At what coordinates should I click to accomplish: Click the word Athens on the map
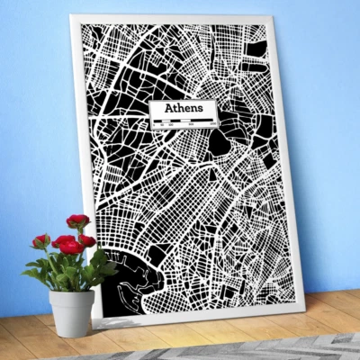pos(184,108)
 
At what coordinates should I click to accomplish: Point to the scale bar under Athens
pos(184,120)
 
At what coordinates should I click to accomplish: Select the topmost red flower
pos(78,220)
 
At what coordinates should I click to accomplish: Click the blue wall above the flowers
pos(45,135)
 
